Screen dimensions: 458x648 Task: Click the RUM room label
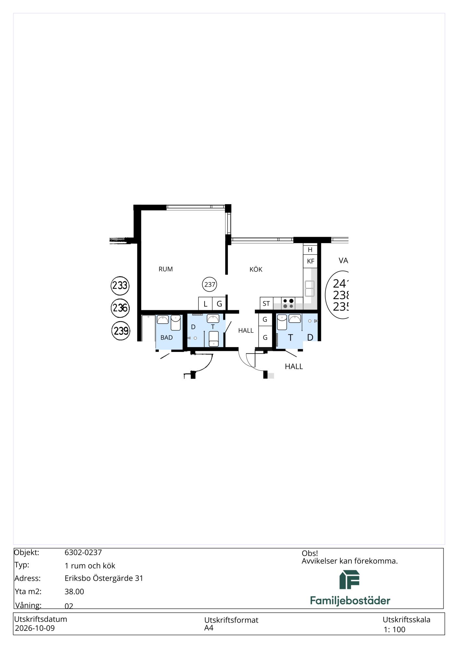166,269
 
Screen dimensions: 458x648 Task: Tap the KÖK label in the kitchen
256,269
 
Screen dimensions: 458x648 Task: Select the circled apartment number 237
210,284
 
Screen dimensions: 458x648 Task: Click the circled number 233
120,285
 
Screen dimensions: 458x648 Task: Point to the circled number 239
121,331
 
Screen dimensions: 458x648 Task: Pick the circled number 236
120,308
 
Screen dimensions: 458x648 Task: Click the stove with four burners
288,303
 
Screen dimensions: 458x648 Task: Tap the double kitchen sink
310,289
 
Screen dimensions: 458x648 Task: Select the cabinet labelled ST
266,303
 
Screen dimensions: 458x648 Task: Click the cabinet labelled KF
310,261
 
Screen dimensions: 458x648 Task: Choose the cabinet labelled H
310,249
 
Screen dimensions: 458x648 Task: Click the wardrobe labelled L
205,304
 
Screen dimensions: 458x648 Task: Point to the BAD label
167,337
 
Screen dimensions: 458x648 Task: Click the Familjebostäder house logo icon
349,580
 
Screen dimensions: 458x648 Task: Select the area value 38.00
74,591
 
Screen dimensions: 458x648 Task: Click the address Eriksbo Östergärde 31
104,578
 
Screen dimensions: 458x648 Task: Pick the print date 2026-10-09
35,628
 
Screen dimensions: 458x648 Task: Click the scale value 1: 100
394,630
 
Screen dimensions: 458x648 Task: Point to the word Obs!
310,553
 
